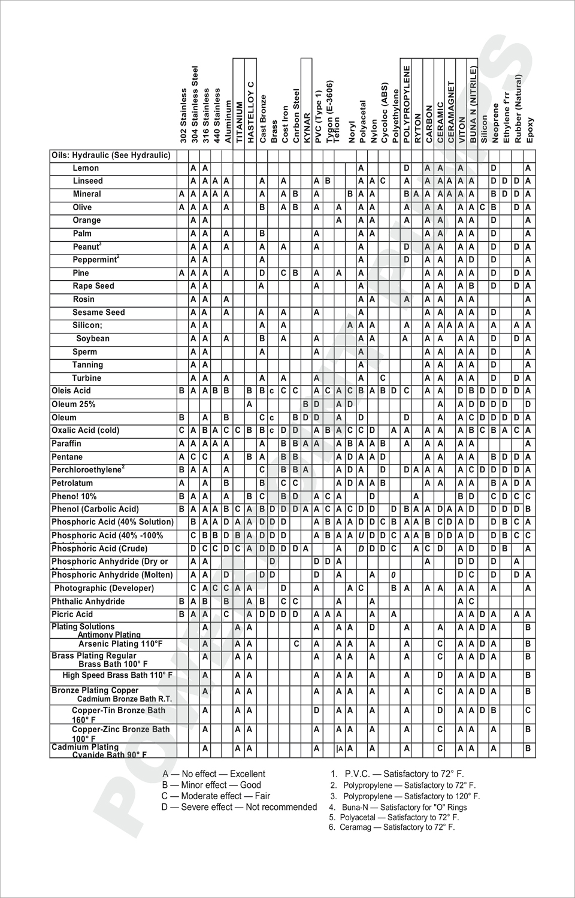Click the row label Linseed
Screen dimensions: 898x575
point(87,181)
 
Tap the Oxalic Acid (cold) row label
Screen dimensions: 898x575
point(85,430)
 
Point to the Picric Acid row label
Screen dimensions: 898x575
point(72,614)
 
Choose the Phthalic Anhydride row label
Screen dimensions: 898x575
point(88,602)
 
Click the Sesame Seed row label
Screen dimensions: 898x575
point(99,313)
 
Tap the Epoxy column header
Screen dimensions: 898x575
point(530,129)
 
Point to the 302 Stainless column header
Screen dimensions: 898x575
point(183,115)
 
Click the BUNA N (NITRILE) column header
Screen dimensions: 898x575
point(473,104)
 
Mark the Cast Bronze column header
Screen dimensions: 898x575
point(263,118)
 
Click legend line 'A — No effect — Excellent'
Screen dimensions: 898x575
point(214,774)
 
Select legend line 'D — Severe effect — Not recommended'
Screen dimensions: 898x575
point(239,807)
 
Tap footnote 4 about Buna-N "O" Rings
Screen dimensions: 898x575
point(398,807)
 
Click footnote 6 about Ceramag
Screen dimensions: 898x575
point(392,827)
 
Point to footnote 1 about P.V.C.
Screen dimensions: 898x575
point(397,774)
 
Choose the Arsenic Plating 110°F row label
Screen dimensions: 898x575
point(120,644)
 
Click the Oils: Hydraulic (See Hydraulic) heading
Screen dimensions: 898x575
point(111,155)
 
